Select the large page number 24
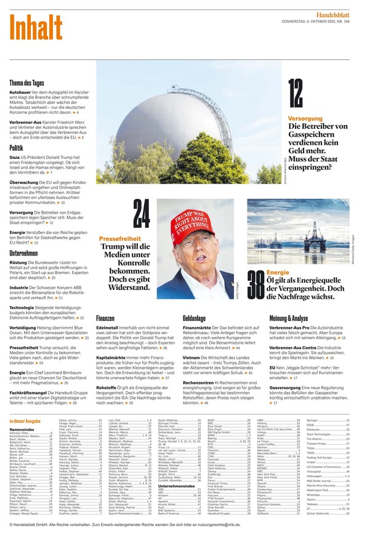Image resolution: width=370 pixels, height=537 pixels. click(x=142, y=219)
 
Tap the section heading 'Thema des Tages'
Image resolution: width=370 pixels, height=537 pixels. click(x=26, y=83)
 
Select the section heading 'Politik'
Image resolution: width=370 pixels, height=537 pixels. click(x=17, y=148)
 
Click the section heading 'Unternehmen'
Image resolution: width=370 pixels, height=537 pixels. click(x=24, y=253)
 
